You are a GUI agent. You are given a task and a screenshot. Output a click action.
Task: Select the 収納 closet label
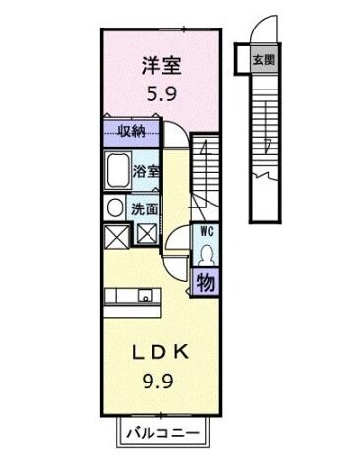point(134,131)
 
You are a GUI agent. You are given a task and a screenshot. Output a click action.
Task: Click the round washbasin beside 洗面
point(115,207)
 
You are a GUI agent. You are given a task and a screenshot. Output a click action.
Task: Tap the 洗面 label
point(146,208)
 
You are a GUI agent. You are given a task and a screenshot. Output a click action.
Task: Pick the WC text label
point(208,231)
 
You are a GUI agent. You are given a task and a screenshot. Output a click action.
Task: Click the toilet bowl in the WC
point(208,254)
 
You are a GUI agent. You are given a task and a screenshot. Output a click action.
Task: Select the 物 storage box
point(208,283)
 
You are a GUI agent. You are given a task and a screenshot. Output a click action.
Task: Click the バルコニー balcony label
point(162,433)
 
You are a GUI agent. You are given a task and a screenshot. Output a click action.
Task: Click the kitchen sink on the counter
point(146,294)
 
